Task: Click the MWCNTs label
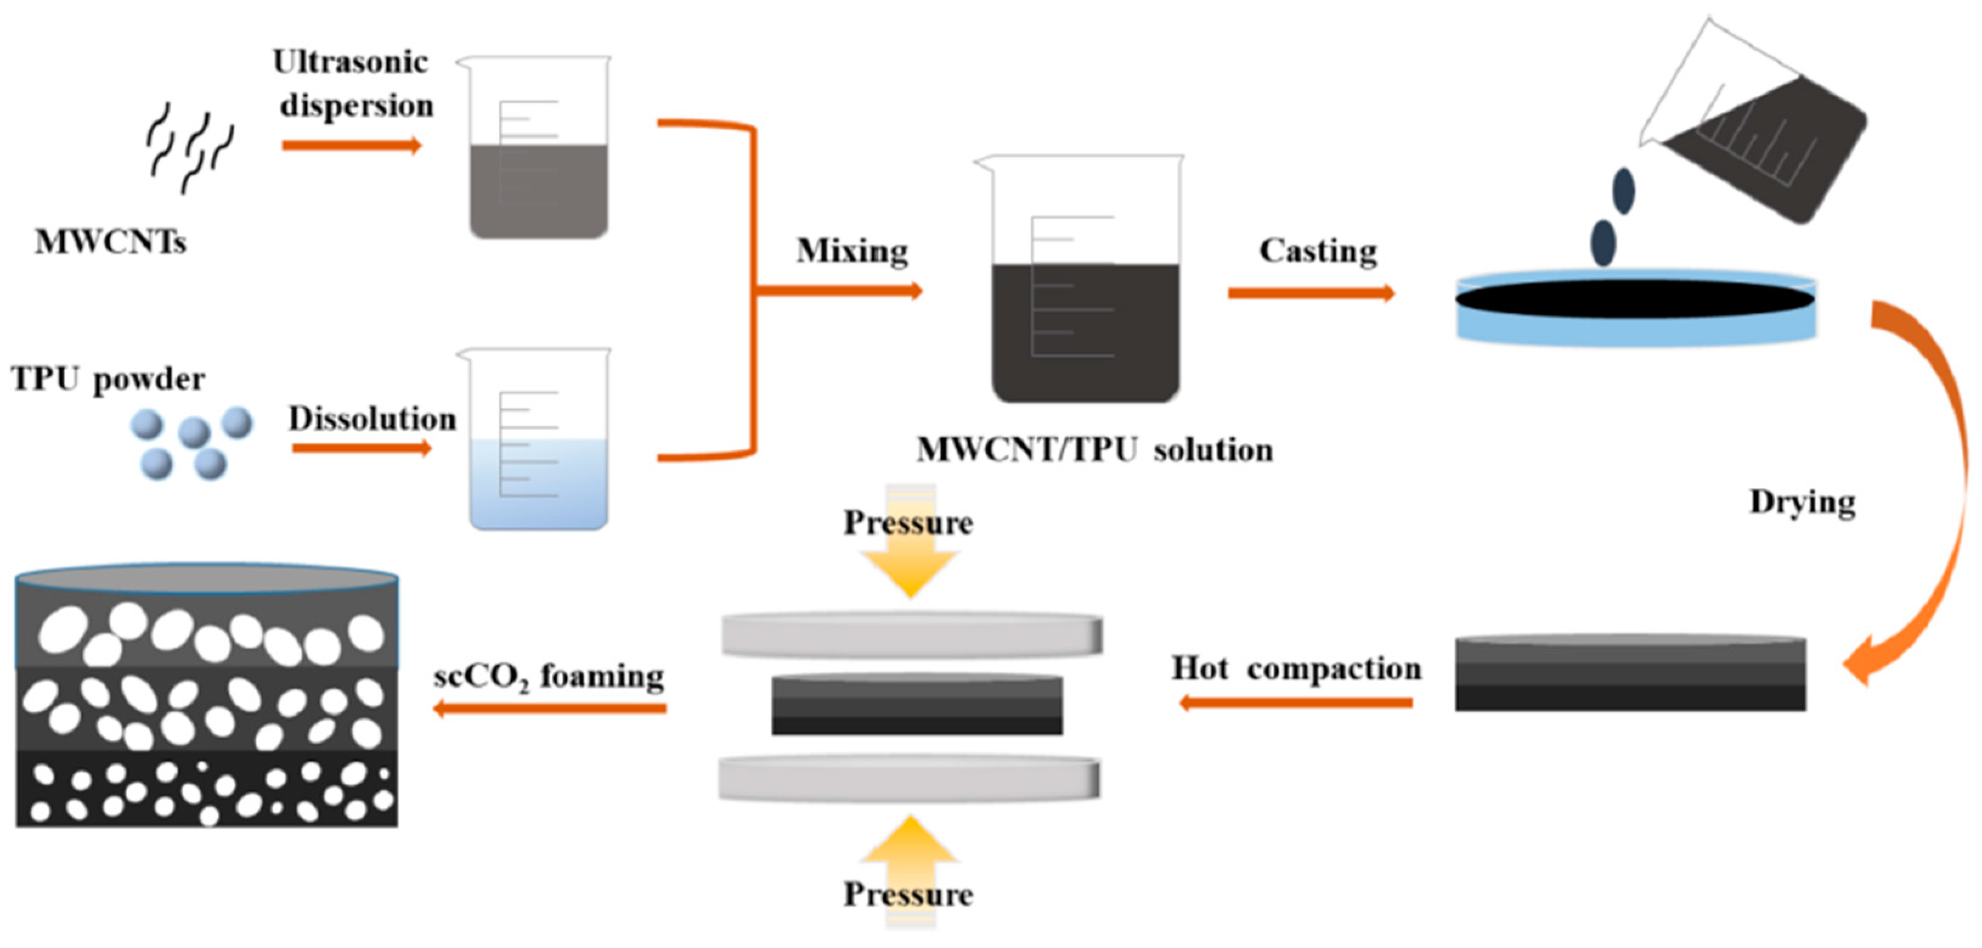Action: pyautogui.click(x=110, y=242)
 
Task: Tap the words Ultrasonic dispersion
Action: pyautogui.click(x=354, y=83)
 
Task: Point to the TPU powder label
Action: pyautogui.click(x=108, y=379)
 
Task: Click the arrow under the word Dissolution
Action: pyautogui.click(x=362, y=448)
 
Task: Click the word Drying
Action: pyautogui.click(x=1802, y=503)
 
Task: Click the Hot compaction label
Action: pyautogui.click(x=1297, y=668)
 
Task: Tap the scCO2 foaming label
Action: pyautogui.click(x=549, y=677)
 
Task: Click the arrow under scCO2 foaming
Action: pyautogui.click(x=550, y=708)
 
